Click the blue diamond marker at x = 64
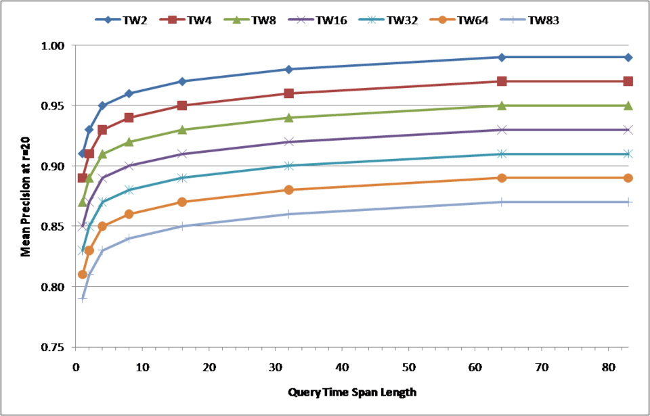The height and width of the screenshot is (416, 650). click(x=502, y=57)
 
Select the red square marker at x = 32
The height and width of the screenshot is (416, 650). click(x=289, y=93)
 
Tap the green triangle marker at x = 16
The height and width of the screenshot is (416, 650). click(x=182, y=129)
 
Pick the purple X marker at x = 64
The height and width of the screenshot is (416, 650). click(x=502, y=129)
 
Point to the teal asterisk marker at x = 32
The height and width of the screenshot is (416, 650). click(x=289, y=165)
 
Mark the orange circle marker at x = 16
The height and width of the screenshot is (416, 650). click(x=182, y=202)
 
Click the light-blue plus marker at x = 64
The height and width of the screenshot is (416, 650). click(x=502, y=202)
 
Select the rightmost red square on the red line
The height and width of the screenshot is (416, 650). click(x=628, y=81)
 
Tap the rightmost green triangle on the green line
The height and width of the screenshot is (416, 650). click(x=628, y=106)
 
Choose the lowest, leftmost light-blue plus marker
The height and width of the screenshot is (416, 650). click(x=82, y=298)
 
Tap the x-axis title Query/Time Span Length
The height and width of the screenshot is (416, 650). click(x=352, y=392)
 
